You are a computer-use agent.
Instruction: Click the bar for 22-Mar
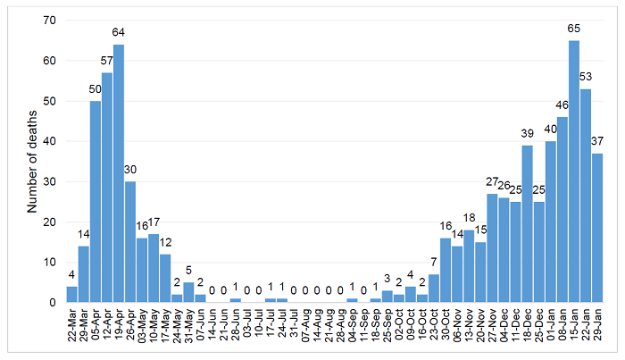[71, 295]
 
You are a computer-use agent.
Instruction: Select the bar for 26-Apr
[130, 242]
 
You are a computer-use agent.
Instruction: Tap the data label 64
[119, 33]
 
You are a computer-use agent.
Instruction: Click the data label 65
[574, 29]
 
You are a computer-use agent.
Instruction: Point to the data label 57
[107, 62]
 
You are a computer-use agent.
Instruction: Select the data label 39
[528, 134]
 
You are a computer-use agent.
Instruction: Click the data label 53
[586, 78]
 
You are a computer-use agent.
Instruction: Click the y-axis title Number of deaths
[32, 162]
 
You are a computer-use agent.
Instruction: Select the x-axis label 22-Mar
[72, 326]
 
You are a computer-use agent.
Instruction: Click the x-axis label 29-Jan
[598, 326]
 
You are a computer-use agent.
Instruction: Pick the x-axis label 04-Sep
[353, 326]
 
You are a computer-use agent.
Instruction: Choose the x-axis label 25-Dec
[539, 326]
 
